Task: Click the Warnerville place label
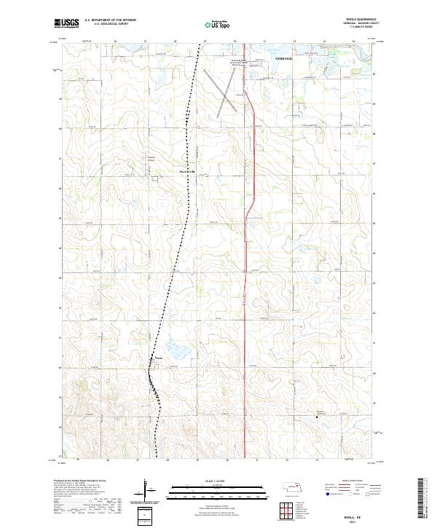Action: click(x=188, y=172)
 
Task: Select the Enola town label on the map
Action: click(x=159, y=358)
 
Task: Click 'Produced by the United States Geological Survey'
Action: click(x=80, y=481)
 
